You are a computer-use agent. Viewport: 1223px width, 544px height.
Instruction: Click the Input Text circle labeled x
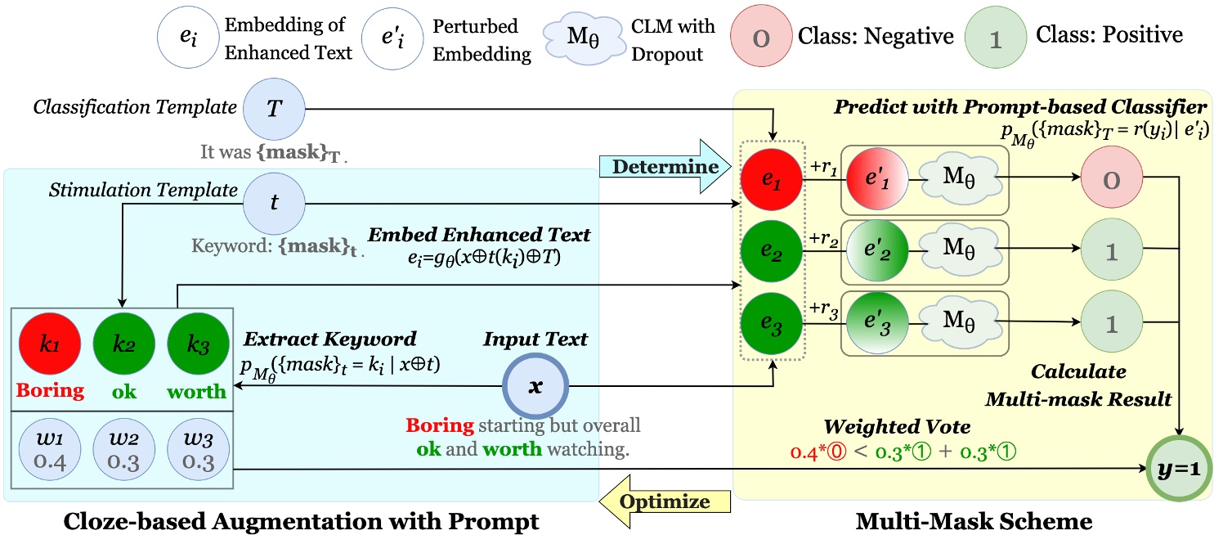pos(535,387)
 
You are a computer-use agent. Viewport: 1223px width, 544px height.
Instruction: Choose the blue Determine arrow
pos(663,167)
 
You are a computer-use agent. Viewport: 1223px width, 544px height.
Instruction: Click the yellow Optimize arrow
pos(663,501)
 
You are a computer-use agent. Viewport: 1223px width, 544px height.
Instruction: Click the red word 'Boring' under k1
pos(52,390)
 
